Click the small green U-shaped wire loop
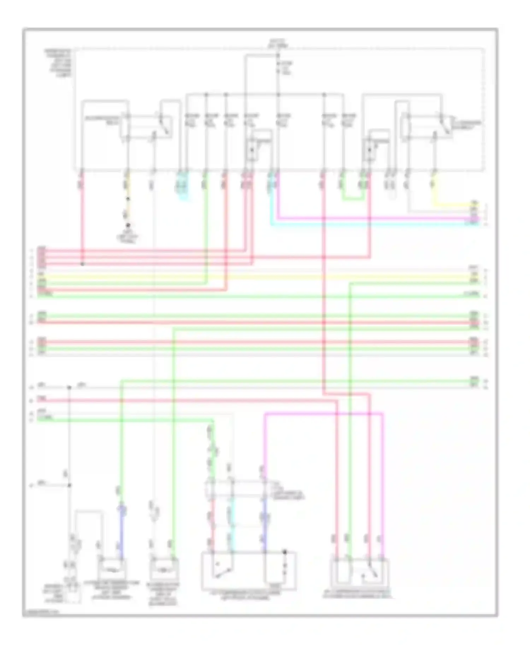pos(353,199)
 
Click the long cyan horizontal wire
pos(375,224)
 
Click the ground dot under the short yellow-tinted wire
pos(128,225)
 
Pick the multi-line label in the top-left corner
pos(58,64)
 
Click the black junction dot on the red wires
pos(82,264)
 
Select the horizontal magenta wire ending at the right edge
pos(378,219)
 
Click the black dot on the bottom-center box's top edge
pos(285,552)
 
